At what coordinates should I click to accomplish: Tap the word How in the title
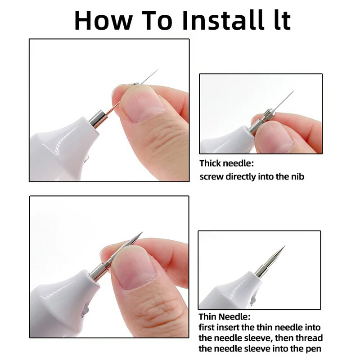tap(103, 20)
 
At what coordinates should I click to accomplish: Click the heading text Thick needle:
tap(227, 163)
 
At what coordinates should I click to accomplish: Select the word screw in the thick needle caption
tap(211, 177)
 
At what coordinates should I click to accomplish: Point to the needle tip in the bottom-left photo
tap(142, 232)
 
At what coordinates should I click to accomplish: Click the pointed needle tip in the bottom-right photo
tap(285, 246)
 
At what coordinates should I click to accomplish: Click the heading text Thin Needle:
tap(224, 317)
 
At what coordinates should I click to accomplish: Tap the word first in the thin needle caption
tap(207, 327)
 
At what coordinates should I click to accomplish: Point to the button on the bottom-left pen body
tap(85, 310)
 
